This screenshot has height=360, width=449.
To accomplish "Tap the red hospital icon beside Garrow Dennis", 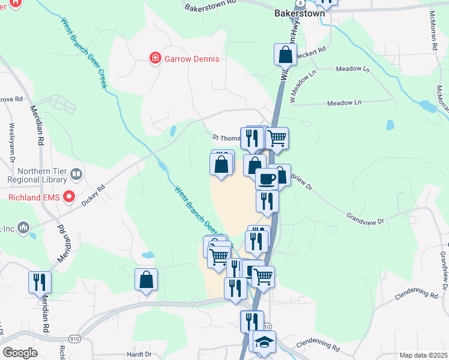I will [x=155, y=58].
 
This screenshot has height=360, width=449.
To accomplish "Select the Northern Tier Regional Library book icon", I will [x=76, y=175].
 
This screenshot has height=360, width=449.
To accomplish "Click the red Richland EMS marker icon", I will [x=68, y=196].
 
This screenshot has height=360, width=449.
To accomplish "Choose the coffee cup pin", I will [x=267, y=179].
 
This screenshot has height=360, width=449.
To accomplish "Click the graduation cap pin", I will [x=264, y=341].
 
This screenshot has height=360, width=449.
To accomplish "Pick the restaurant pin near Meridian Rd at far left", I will [x=40, y=281].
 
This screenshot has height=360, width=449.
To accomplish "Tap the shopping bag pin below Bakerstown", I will [x=286, y=55].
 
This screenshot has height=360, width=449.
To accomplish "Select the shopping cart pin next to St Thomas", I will [x=277, y=138].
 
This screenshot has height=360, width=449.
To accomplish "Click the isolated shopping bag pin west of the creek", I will [x=146, y=279].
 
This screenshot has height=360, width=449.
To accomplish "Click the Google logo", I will [x=20, y=353].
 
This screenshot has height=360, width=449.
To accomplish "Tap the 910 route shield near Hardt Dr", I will [x=75, y=338].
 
